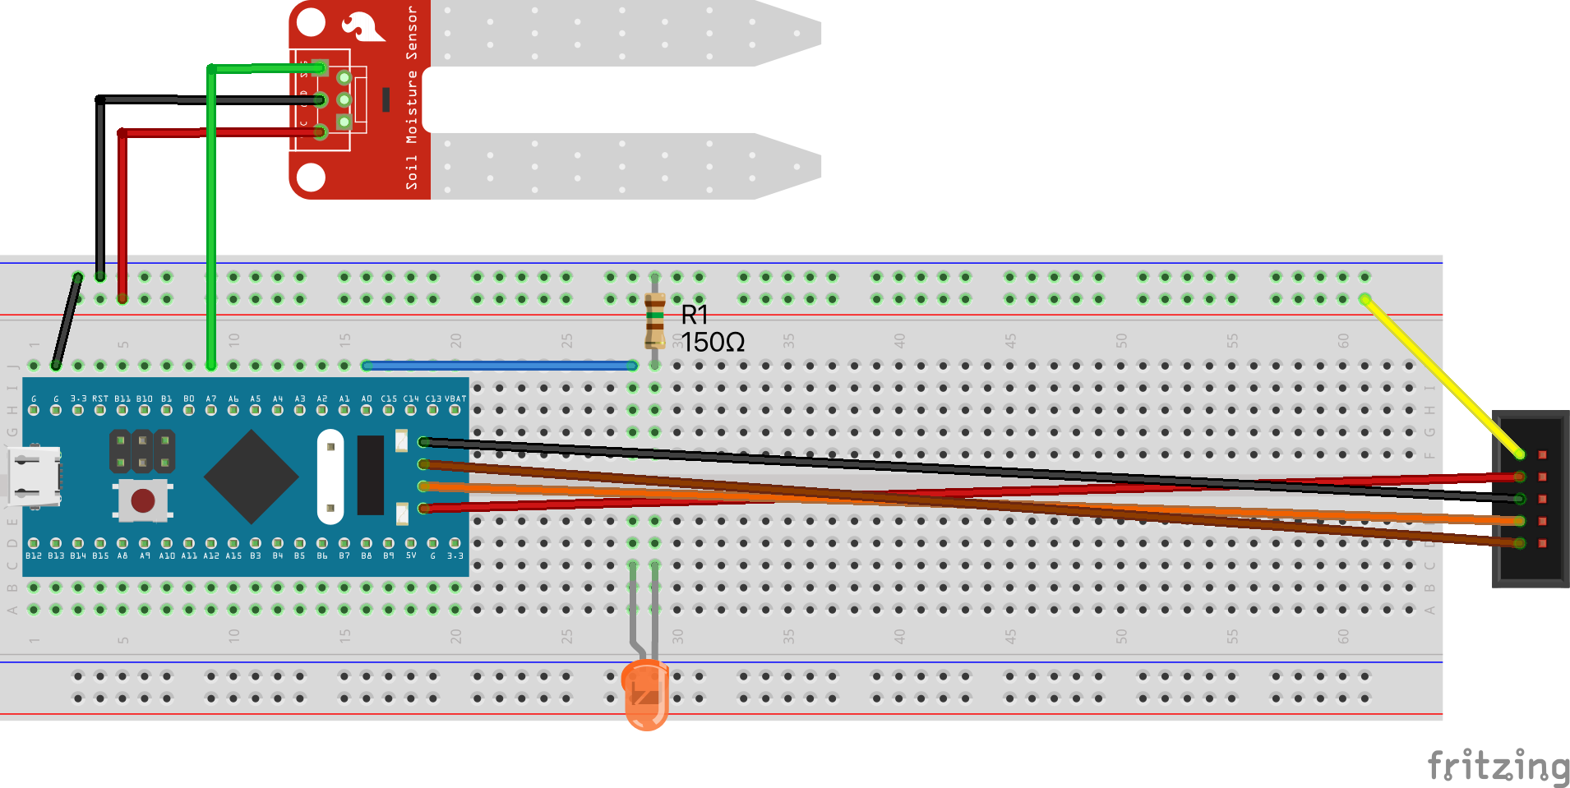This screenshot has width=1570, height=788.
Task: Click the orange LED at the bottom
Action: tap(646, 695)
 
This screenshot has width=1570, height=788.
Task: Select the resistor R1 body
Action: tap(654, 320)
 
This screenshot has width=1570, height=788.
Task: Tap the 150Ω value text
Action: tap(713, 342)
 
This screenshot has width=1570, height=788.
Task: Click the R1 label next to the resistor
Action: tap(695, 314)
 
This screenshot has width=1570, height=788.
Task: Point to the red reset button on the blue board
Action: tap(143, 500)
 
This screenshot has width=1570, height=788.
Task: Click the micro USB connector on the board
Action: tap(35, 475)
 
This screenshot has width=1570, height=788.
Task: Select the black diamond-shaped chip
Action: tap(251, 477)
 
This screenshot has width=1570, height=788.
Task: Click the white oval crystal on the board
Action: tap(330, 477)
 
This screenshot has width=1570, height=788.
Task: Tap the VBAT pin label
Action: tap(455, 399)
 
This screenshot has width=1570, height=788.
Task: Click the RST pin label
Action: tap(99, 399)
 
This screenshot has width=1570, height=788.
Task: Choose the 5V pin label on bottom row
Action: tap(411, 555)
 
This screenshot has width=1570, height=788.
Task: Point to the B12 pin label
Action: tap(34, 555)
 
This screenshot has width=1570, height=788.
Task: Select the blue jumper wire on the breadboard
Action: tap(499, 365)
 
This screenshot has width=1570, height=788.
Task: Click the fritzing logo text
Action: tap(1498, 766)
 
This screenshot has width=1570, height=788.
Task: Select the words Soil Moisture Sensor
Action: tap(412, 99)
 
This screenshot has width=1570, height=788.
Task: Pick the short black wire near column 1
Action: tap(67, 320)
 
